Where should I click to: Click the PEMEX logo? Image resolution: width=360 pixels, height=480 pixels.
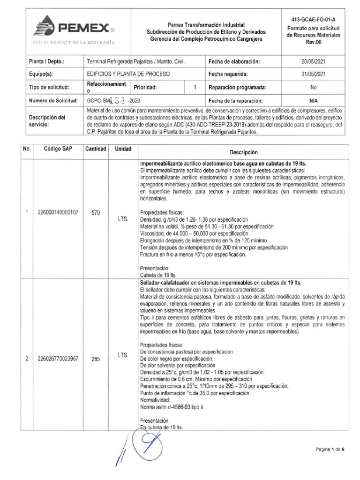pos(75,28)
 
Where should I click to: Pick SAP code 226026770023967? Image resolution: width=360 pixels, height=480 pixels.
pos(58,359)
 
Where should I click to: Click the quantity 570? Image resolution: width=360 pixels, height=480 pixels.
pos(96,212)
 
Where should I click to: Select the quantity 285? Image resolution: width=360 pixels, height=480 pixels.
pos(96,359)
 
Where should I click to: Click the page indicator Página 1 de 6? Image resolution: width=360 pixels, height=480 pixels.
pos(330,449)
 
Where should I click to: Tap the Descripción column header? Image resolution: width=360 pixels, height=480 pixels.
pos(244,152)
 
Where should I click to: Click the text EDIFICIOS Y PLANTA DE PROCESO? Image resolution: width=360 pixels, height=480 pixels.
pos(128,74)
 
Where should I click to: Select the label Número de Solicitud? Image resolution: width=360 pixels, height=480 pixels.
pos(52,100)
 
